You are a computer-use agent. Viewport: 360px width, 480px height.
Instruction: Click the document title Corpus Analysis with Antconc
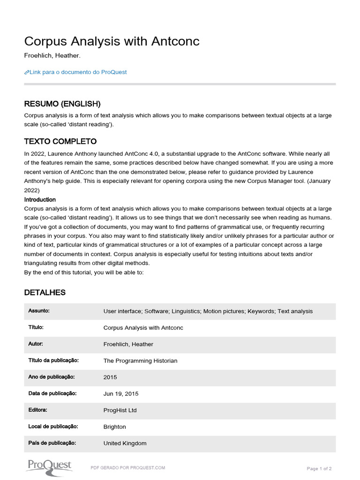click(x=112, y=41)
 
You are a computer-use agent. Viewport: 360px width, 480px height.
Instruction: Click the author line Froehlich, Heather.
click(x=52, y=56)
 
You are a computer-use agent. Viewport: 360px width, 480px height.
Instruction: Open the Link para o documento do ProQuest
click(x=78, y=72)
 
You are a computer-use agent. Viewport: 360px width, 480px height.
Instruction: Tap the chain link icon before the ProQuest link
click(x=27, y=72)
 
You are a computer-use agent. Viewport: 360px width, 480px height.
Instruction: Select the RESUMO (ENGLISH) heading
click(x=62, y=104)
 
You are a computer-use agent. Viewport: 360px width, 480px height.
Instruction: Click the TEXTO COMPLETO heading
click(x=60, y=141)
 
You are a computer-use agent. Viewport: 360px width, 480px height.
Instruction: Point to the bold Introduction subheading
click(x=40, y=200)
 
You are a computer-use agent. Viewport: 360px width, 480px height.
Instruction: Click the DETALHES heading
click(x=45, y=292)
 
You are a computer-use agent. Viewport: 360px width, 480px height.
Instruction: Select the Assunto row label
click(x=39, y=311)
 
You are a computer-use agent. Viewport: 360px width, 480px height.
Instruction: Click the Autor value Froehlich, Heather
click(x=128, y=344)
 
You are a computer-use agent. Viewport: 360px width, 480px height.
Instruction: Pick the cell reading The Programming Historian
click(x=140, y=361)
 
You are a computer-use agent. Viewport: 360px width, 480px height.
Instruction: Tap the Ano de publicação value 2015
click(x=110, y=377)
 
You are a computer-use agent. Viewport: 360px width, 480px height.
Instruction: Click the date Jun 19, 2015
click(x=121, y=394)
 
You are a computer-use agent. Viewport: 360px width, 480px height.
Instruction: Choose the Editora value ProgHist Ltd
click(x=120, y=410)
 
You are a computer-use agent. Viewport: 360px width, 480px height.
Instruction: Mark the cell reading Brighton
click(x=114, y=427)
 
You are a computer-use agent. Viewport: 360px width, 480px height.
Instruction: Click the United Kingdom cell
click(x=125, y=443)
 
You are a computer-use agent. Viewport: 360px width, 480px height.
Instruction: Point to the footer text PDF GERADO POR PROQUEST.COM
click(x=127, y=468)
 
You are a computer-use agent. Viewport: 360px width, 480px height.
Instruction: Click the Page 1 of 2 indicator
click(x=319, y=468)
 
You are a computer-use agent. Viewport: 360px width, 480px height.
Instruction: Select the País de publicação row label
click(x=52, y=443)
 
